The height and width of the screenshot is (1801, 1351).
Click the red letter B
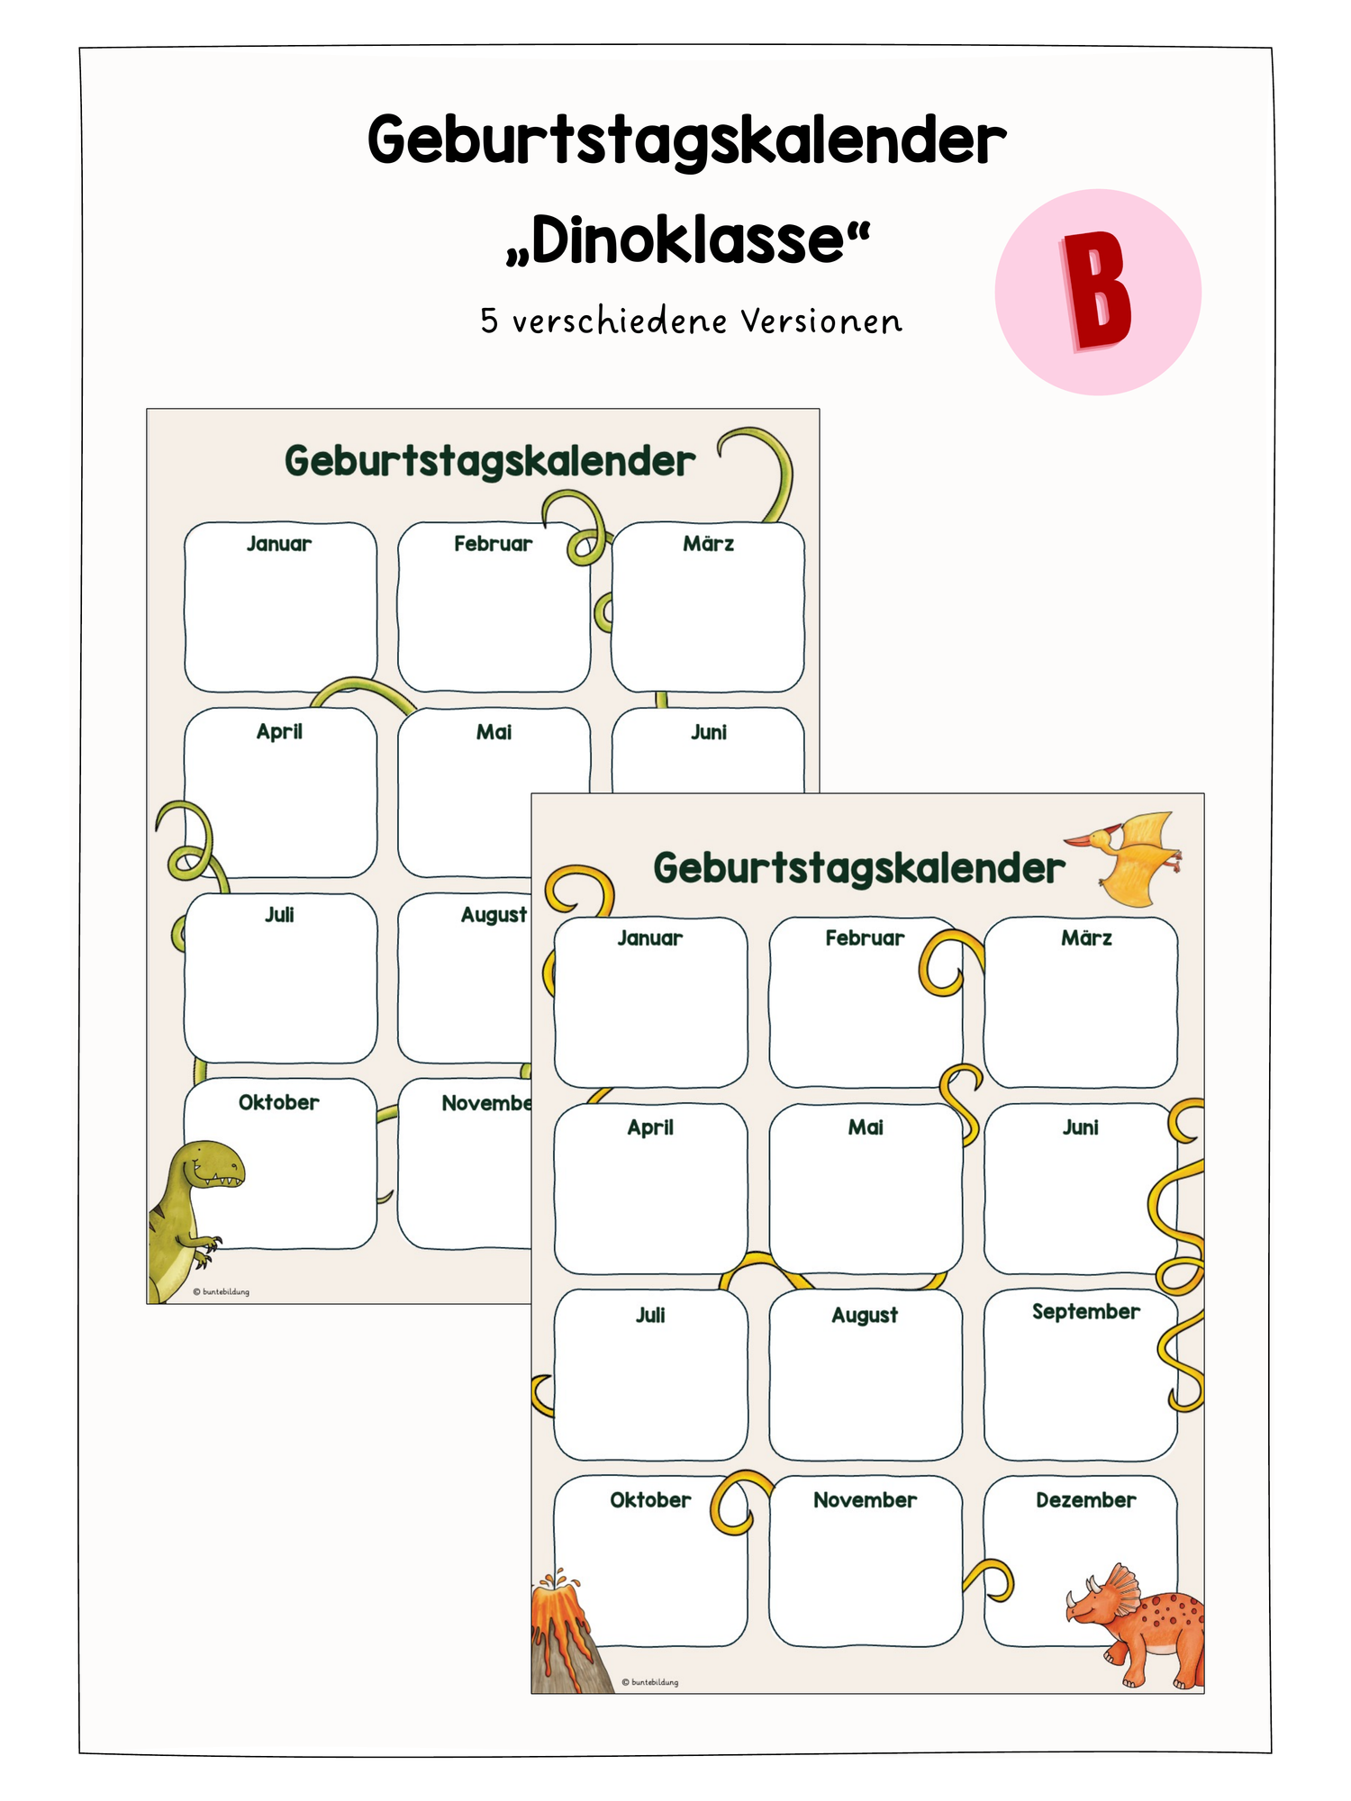point(1096,291)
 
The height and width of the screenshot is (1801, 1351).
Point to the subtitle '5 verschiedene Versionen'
point(691,321)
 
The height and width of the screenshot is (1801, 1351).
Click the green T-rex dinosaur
point(191,1216)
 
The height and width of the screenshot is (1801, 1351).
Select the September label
point(1085,1311)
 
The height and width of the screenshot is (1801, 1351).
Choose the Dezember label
point(1085,1499)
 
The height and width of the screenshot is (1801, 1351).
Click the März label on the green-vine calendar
point(708,543)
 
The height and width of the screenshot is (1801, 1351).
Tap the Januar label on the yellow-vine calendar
point(649,938)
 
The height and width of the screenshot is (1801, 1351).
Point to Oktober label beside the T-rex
point(278,1102)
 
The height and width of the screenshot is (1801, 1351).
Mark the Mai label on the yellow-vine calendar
point(866,1127)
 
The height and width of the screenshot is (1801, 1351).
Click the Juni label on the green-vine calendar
point(709,732)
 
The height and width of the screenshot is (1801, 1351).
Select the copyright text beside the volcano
point(650,1682)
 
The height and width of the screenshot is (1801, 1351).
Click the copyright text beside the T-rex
point(222,1291)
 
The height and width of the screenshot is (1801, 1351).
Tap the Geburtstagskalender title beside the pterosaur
point(859,868)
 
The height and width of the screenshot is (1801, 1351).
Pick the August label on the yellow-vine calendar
point(865,1316)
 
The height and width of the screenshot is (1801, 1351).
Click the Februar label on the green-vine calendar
point(493,543)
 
